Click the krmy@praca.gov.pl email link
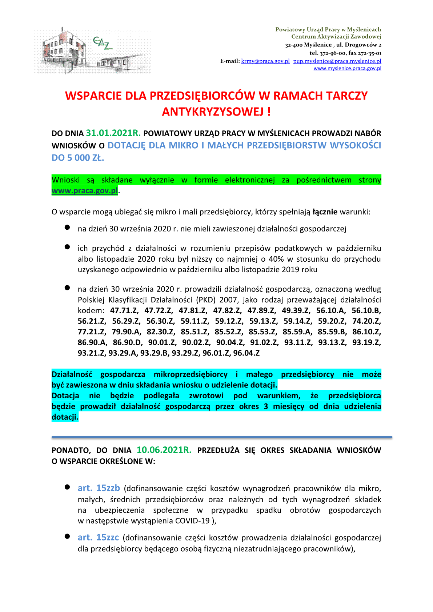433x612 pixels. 265,61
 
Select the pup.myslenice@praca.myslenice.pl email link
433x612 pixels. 337,61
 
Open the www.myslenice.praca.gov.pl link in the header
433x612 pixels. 347,68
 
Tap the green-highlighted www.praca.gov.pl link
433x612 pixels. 85,190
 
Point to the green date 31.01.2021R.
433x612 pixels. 113,133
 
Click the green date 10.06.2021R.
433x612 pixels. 164,450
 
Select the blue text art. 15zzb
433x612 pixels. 99,488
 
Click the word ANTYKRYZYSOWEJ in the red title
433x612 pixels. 213,112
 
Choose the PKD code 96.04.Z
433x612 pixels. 246,353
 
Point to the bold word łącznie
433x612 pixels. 325,212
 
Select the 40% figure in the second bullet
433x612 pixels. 276,259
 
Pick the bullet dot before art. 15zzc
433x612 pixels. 67,536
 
